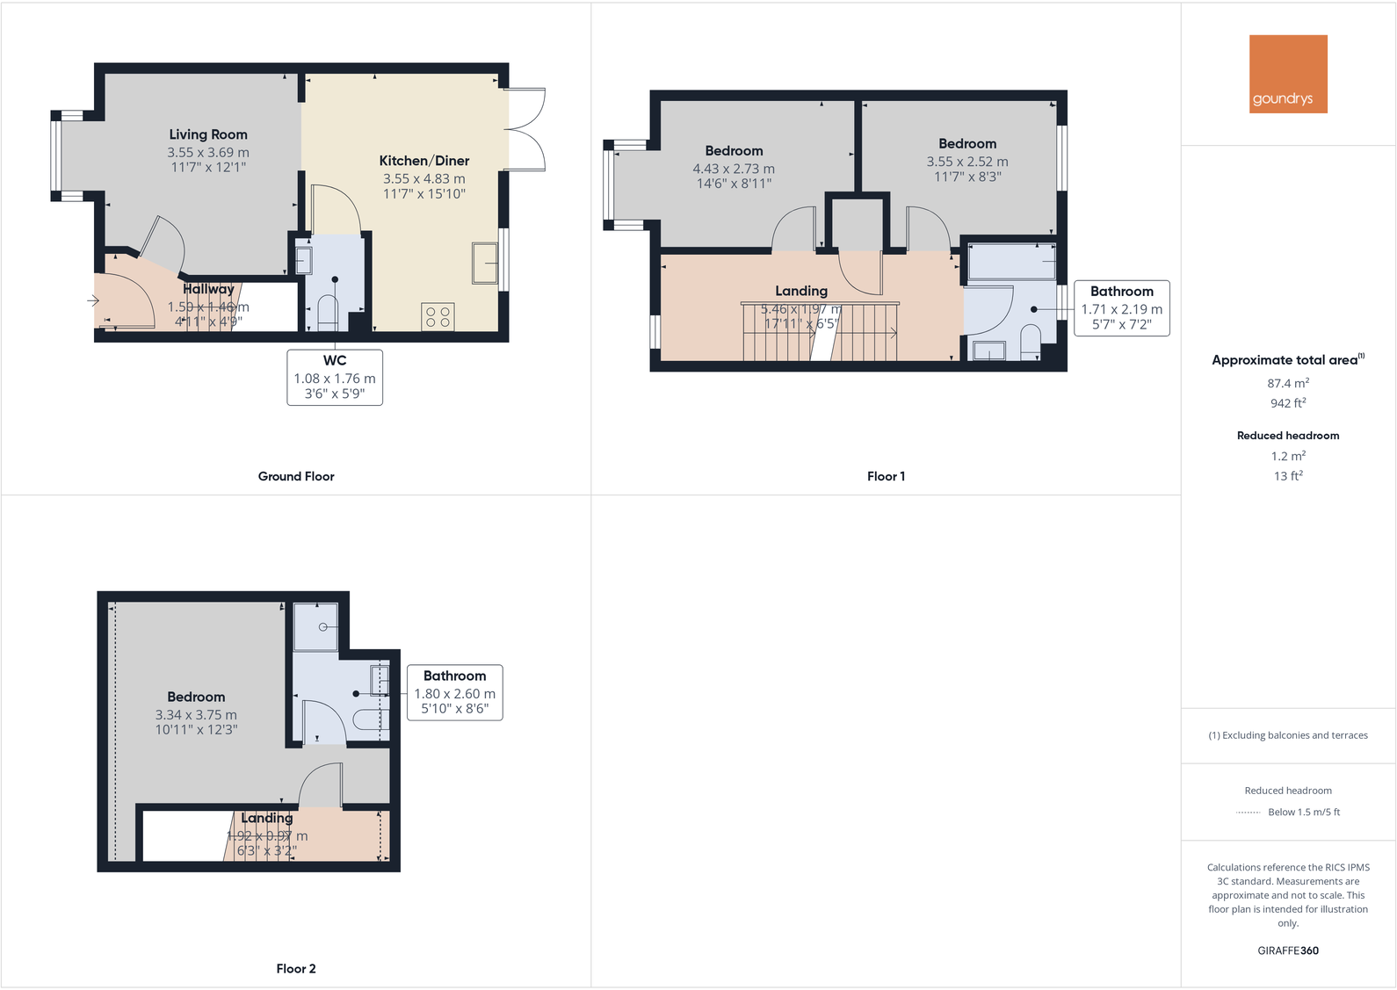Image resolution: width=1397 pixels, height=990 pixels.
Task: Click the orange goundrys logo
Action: pos(1288,74)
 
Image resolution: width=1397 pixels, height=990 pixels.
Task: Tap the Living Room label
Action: pos(208,134)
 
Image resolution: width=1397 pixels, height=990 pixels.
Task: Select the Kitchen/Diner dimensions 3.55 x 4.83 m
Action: pos(423,178)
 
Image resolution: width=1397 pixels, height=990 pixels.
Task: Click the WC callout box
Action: pos(335,377)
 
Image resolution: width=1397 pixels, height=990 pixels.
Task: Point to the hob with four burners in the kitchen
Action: pos(438,317)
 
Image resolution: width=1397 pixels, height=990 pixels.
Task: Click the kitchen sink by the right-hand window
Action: pos(484,263)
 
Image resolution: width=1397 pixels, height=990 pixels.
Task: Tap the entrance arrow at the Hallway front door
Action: pos(93,300)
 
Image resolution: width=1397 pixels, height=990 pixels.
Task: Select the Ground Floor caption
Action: pos(296,476)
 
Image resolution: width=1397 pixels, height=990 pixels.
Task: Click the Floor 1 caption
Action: pos(886,476)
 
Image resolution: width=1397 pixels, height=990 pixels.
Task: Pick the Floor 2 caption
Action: pos(296,968)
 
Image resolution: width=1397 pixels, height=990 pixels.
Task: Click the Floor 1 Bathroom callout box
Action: pos(1121,308)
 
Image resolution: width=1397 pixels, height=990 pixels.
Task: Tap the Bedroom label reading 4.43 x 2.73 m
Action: pos(734,167)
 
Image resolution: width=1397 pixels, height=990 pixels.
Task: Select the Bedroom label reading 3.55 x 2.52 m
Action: pos(967,160)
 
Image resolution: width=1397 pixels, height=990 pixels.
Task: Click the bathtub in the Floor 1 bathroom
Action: pos(1012,262)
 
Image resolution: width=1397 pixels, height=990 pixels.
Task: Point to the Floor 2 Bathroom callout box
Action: pos(454,692)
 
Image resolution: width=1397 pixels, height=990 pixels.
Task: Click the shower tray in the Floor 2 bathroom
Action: pos(315,626)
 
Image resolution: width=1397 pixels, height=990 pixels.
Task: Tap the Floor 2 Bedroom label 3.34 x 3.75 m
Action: pos(196,712)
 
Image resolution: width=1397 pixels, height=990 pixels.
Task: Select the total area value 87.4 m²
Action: pos(1288,383)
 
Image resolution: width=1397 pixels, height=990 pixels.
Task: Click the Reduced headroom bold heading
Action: pos(1288,436)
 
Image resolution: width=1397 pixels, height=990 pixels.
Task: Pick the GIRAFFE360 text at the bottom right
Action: pos(1288,950)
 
